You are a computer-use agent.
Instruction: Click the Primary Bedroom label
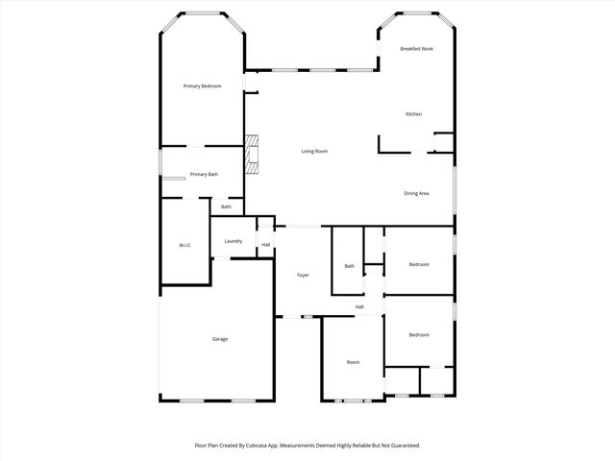coord(203,86)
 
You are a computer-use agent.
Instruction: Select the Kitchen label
coord(413,114)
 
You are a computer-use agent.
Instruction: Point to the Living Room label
coord(314,151)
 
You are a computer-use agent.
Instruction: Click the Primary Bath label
coord(204,174)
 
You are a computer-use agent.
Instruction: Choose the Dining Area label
coord(416,193)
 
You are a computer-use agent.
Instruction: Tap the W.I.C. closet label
coord(185,245)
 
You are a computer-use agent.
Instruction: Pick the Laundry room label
coord(234,240)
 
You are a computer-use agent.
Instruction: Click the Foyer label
coord(303,275)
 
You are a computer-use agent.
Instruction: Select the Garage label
coord(220,338)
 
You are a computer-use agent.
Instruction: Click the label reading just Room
coord(353,361)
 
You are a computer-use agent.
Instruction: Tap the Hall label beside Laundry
coord(265,245)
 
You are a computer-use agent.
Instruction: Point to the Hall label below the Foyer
coord(359,306)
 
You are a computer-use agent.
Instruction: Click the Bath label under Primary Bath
coord(226,206)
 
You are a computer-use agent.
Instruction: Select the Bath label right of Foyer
coord(350,266)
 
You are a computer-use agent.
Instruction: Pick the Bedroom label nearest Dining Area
coord(419,264)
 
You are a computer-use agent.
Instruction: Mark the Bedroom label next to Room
coord(419,334)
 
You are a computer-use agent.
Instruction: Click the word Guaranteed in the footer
coord(400,446)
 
